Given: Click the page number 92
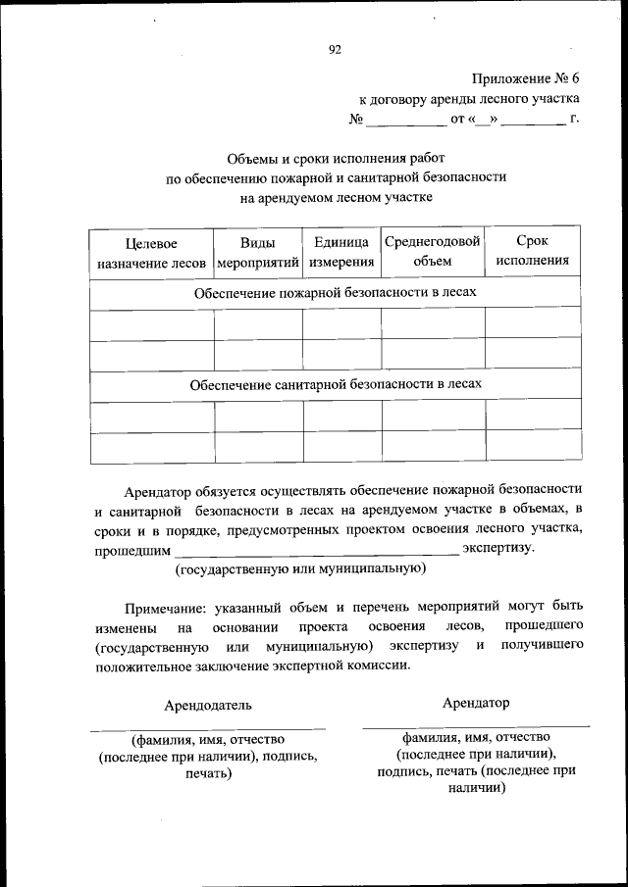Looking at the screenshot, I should click(x=335, y=49).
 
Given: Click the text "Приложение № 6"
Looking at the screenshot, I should click(x=526, y=77).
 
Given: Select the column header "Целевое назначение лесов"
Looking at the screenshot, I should click(x=151, y=252).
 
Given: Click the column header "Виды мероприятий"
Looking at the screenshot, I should click(x=257, y=252).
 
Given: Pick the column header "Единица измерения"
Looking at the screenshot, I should click(x=341, y=252).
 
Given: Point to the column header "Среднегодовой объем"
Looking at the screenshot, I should click(x=433, y=251).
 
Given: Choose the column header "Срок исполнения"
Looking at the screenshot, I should click(x=532, y=251).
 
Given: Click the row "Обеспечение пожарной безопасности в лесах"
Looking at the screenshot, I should click(x=335, y=293).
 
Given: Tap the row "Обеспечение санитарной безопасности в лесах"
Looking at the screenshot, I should click(x=335, y=384).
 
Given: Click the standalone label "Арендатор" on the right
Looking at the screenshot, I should click(x=476, y=702).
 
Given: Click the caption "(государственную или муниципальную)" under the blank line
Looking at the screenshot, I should click(x=299, y=568).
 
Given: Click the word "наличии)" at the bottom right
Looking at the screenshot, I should click(x=476, y=787).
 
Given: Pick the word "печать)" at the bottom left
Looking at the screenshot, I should click(x=207, y=773).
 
